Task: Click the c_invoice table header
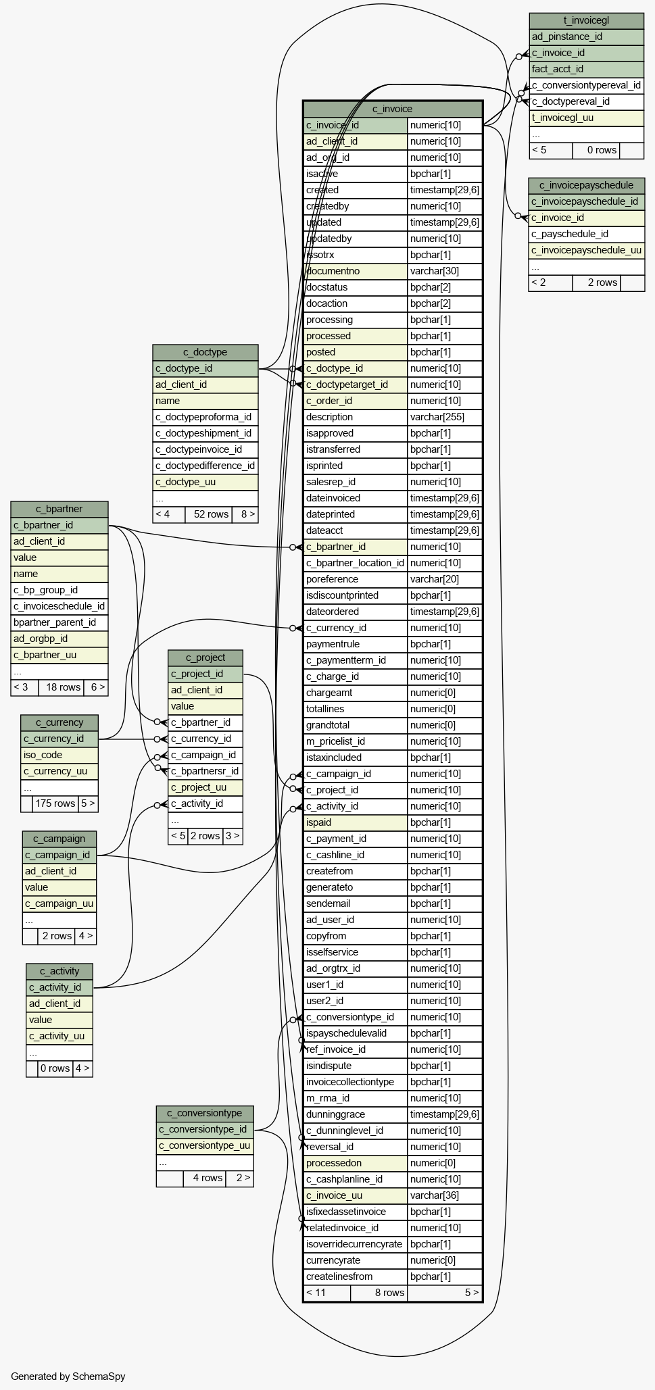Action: pos(392,109)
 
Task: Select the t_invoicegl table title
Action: pos(586,20)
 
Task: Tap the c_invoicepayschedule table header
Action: pos(586,185)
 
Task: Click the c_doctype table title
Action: pos(205,352)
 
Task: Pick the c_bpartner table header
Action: pos(59,509)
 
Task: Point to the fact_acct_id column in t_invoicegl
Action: pos(586,69)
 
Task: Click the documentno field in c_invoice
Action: pos(356,271)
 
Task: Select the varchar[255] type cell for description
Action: pos(444,417)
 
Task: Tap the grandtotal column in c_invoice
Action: pos(356,725)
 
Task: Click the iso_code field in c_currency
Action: pos(59,755)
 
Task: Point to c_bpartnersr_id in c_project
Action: pos(205,771)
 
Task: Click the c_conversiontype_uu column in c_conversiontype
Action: pos(205,1145)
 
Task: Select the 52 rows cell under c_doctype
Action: pos(208,514)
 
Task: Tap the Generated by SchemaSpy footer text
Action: pos(68,1376)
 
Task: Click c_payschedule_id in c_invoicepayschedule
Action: pos(586,234)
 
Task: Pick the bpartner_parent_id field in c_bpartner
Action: pos(59,622)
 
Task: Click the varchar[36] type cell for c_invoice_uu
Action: pos(444,1195)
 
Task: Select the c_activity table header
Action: pos(59,971)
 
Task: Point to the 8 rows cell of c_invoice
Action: pos(379,1293)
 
